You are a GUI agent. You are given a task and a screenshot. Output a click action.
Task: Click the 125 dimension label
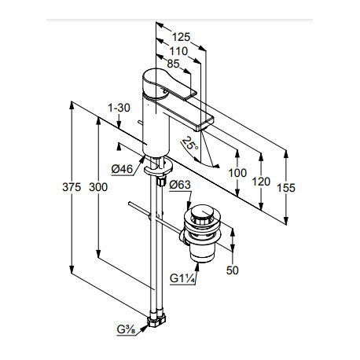pos(181,37)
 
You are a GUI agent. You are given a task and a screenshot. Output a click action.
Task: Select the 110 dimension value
pos(178,51)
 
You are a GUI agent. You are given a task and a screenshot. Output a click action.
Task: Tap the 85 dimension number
pos(173,64)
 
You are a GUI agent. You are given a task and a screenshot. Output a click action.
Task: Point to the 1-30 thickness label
pos(119,108)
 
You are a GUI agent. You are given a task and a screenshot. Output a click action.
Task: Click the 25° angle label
pos(190,144)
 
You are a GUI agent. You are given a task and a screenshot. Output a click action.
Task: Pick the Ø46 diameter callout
pos(122,169)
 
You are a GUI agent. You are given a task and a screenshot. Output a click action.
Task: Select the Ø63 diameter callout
pos(180,185)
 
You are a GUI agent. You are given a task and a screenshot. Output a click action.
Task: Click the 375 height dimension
pos(72,187)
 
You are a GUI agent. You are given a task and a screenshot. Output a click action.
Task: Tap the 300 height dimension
pos(98,187)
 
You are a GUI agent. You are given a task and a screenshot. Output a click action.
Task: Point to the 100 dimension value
pos(237,173)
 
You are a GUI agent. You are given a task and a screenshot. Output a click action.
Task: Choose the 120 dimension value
pos(261,182)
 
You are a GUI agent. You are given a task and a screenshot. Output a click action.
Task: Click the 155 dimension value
pos(286,188)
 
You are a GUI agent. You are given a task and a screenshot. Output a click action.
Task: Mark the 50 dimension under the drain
pos(233,270)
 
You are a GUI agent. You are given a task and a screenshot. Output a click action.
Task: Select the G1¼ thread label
pos(182,278)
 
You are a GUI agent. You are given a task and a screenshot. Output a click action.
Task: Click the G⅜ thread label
pos(126,330)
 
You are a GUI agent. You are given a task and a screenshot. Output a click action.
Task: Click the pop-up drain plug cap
pos(202,214)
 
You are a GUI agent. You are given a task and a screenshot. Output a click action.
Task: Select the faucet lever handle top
pos(167,84)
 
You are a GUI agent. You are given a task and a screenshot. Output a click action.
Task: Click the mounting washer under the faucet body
pos(159,169)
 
